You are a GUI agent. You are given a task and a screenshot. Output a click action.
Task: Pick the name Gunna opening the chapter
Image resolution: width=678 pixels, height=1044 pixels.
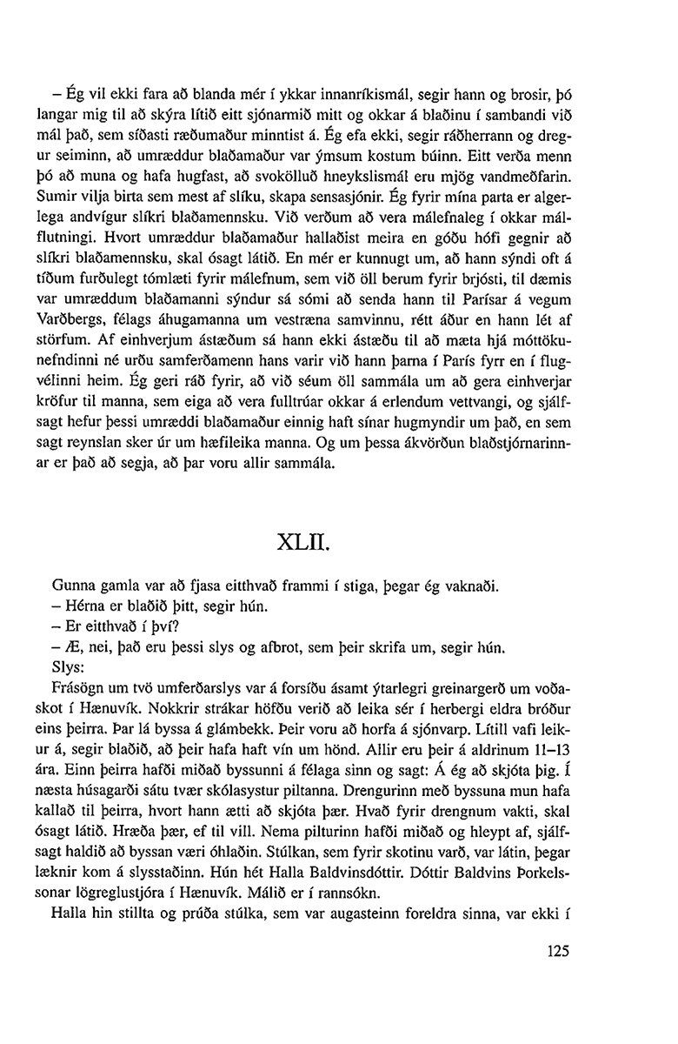75,587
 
